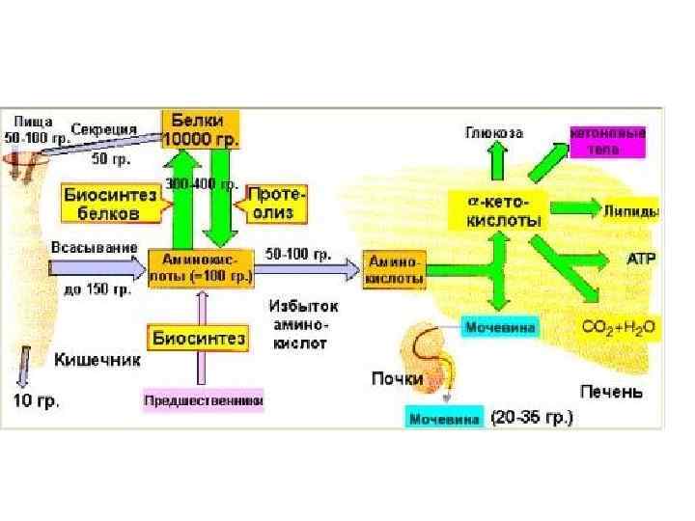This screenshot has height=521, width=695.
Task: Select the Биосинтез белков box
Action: pyautogui.click(x=110, y=203)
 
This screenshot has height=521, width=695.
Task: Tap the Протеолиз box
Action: pyautogui.click(x=275, y=203)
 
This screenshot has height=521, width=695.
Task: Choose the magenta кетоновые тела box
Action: pyautogui.click(x=607, y=139)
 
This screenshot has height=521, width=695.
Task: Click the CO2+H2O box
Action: pyautogui.click(x=618, y=328)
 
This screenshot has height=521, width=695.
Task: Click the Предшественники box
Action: pyautogui.click(x=203, y=398)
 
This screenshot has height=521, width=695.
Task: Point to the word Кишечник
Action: pyautogui.click(x=98, y=359)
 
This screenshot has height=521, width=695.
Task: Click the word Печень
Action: pyautogui.click(x=611, y=392)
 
